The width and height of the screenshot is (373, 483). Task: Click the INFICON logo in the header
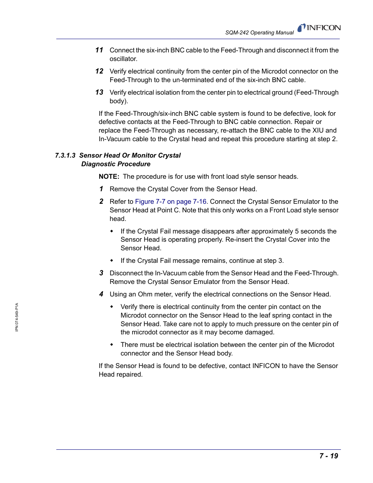pos(319,28)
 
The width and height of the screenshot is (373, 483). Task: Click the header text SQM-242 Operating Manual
pos(259,33)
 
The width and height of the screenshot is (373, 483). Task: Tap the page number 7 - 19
pos(328,456)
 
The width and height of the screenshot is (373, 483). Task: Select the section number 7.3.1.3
pos(65,156)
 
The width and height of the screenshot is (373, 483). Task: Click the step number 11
pos(99,50)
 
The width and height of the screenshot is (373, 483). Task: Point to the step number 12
pos(99,71)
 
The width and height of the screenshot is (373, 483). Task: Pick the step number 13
pos(99,92)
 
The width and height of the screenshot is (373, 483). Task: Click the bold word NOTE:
pos(109,177)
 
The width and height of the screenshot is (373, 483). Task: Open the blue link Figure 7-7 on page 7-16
pos(170,202)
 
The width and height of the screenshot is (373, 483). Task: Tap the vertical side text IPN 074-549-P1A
pos(17,317)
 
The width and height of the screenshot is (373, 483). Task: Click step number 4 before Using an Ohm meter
pos(101,294)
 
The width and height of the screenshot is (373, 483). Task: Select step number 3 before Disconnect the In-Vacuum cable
pos(101,273)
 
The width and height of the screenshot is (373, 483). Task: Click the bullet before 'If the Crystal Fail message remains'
pos(112,260)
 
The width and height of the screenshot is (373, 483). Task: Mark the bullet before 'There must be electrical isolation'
pos(112,345)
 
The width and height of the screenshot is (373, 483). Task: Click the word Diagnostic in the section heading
pos(98,164)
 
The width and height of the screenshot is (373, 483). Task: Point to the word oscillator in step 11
pos(123,59)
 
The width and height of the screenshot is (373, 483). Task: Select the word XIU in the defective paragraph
pos(318,131)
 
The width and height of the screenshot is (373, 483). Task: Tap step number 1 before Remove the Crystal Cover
pos(101,189)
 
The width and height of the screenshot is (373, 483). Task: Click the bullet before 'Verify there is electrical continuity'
pos(112,307)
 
